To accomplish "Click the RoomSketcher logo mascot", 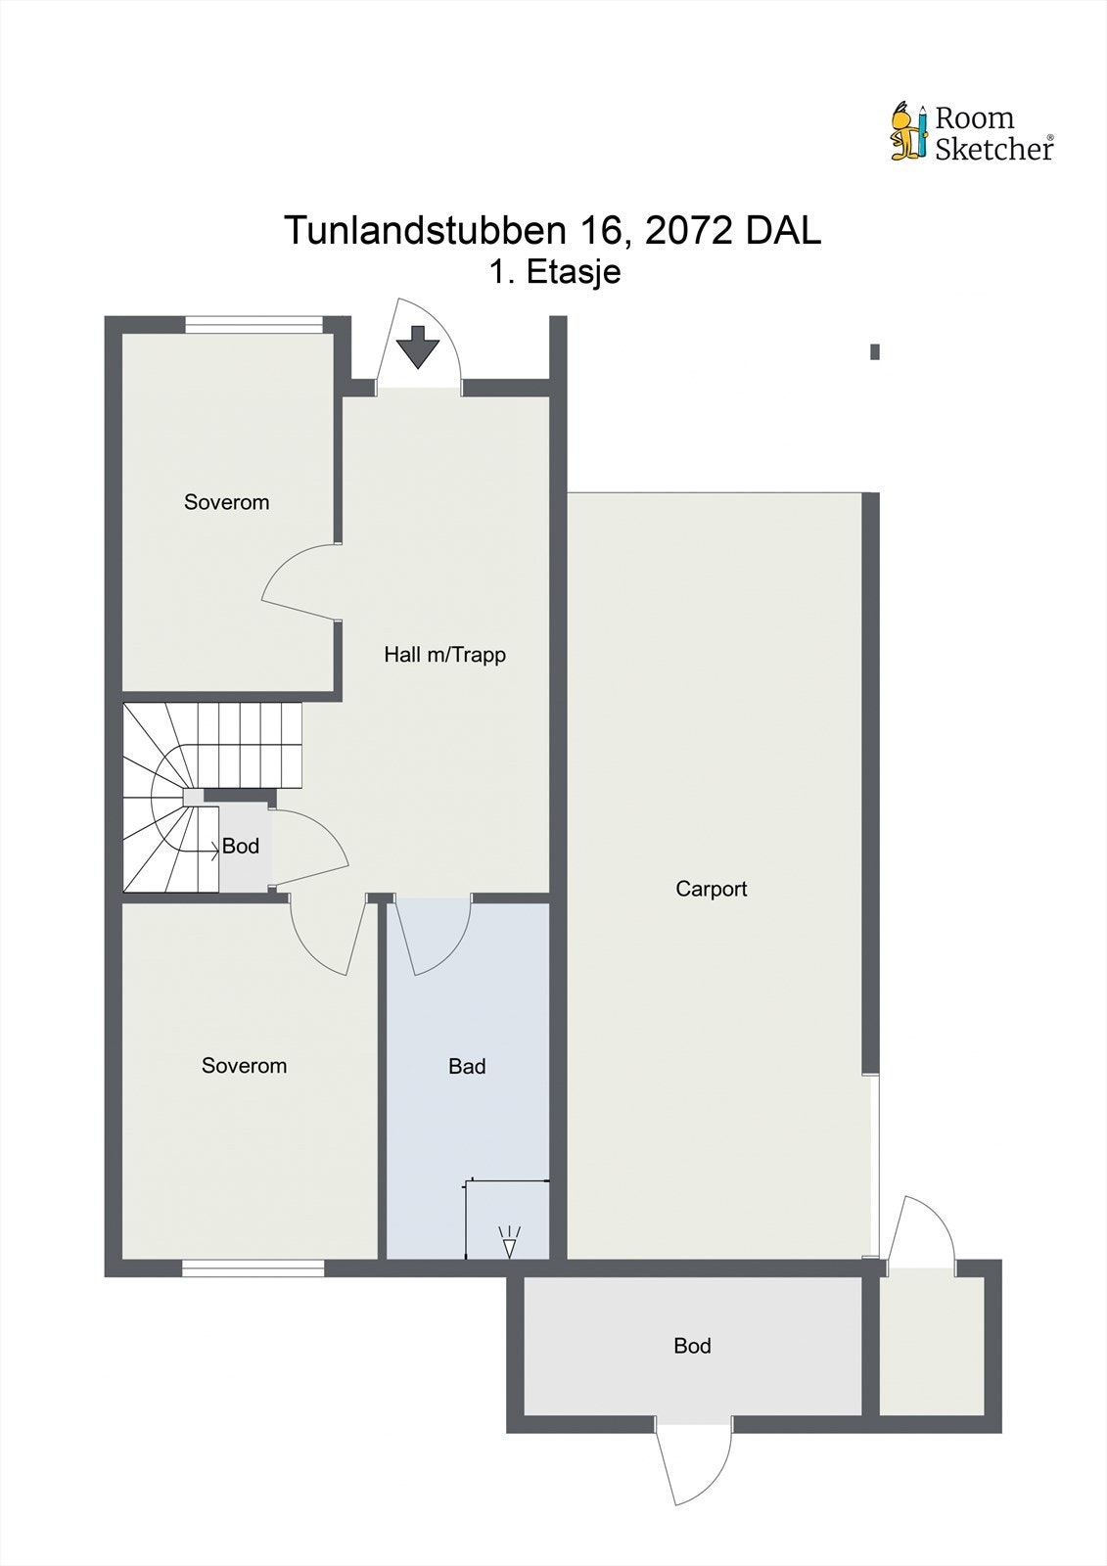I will click(x=907, y=131).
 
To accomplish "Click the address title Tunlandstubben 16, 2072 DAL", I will click(x=552, y=231).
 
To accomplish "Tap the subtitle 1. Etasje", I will click(x=555, y=271).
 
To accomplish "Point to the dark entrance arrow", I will click(x=418, y=346).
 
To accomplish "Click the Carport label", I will click(x=712, y=889).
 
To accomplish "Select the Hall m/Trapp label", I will click(x=444, y=655).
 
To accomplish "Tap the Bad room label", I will click(x=467, y=1067).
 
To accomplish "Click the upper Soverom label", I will click(x=226, y=502).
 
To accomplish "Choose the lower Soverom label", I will click(x=244, y=1066).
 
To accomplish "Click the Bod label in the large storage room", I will click(x=692, y=1346).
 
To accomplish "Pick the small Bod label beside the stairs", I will click(x=240, y=847).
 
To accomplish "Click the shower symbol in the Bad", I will click(x=509, y=1242).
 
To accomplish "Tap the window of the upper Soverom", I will click(x=254, y=325).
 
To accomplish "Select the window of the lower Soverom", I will click(x=253, y=1268).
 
